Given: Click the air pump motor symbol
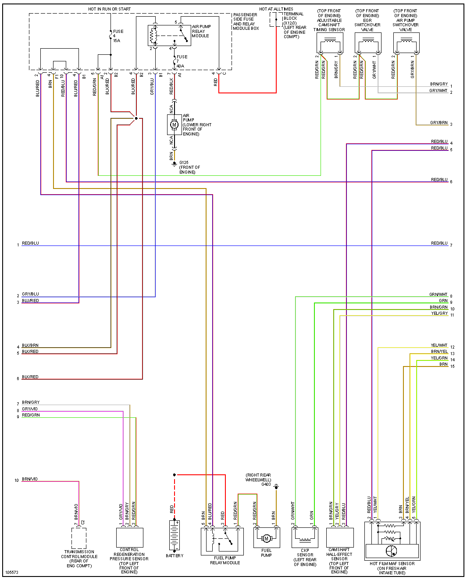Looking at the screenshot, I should tap(174, 125).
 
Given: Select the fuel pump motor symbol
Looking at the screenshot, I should tap(266, 538).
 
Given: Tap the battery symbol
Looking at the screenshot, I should tap(175, 535).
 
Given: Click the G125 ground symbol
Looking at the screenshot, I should tap(175, 164).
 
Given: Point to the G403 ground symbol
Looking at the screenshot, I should tap(276, 487).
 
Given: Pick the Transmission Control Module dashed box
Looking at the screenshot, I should tap(79, 538).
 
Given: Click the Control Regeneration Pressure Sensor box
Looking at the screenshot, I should tap(130, 537).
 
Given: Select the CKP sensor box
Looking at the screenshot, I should tap(305, 537).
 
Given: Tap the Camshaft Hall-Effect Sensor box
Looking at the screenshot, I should tap(340, 537).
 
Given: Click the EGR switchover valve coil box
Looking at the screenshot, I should tap(368, 43).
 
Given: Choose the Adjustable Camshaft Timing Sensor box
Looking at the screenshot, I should tap(330, 43).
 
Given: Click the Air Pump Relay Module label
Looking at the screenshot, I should tap(201, 31).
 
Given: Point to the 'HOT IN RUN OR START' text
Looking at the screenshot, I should tap(109, 9).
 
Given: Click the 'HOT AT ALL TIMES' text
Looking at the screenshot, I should tap(276, 9).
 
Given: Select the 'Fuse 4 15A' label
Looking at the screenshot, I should tap(118, 36).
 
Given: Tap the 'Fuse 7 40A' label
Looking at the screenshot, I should tap(181, 61).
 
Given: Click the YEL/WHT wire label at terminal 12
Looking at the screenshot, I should tap(439, 345).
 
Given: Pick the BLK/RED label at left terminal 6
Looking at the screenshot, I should tap(30, 377).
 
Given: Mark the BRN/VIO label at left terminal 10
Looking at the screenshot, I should tap(30, 479).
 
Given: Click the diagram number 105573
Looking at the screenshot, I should tap(12, 573).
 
